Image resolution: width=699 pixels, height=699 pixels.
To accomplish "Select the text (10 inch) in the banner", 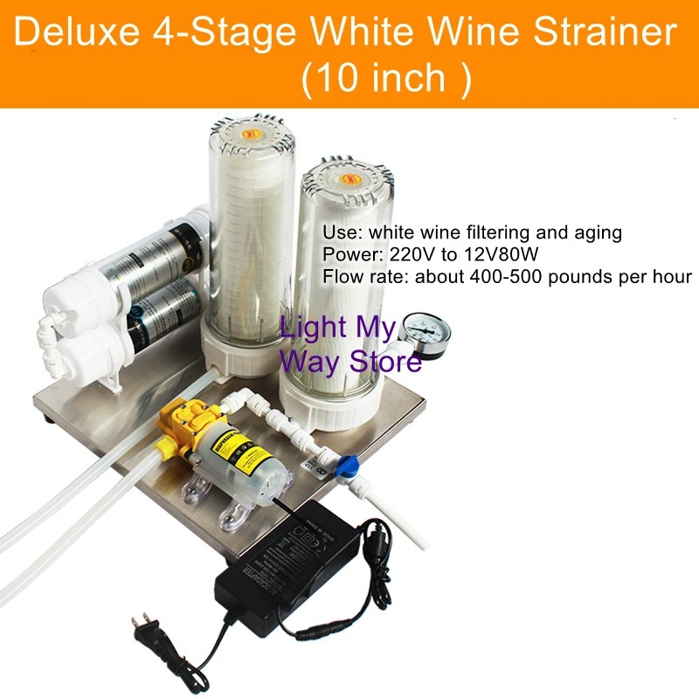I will [x=385, y=79].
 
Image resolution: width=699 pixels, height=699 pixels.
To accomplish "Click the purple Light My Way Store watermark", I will [x=350, y=344].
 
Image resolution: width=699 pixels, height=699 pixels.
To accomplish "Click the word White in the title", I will [x=366, y=33].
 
